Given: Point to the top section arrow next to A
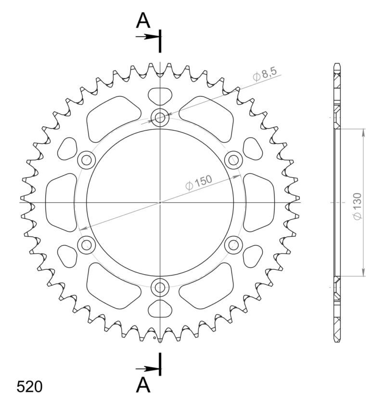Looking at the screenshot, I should tap(148, 37).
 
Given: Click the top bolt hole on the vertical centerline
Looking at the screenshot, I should tap(160, 117).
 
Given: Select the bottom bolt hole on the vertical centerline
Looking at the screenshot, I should tap(160, 288).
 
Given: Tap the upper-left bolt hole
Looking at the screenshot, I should tap(87, 159).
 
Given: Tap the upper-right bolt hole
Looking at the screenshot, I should tap(233, 159).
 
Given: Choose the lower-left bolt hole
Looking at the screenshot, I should tap(87, 245).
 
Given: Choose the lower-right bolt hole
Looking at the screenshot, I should tap(233, 245).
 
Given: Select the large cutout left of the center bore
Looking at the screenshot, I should tap(61, 202).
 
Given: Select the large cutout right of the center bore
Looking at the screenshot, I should tap(259, 202).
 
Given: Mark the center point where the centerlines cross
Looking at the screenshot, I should tap(160, 202).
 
